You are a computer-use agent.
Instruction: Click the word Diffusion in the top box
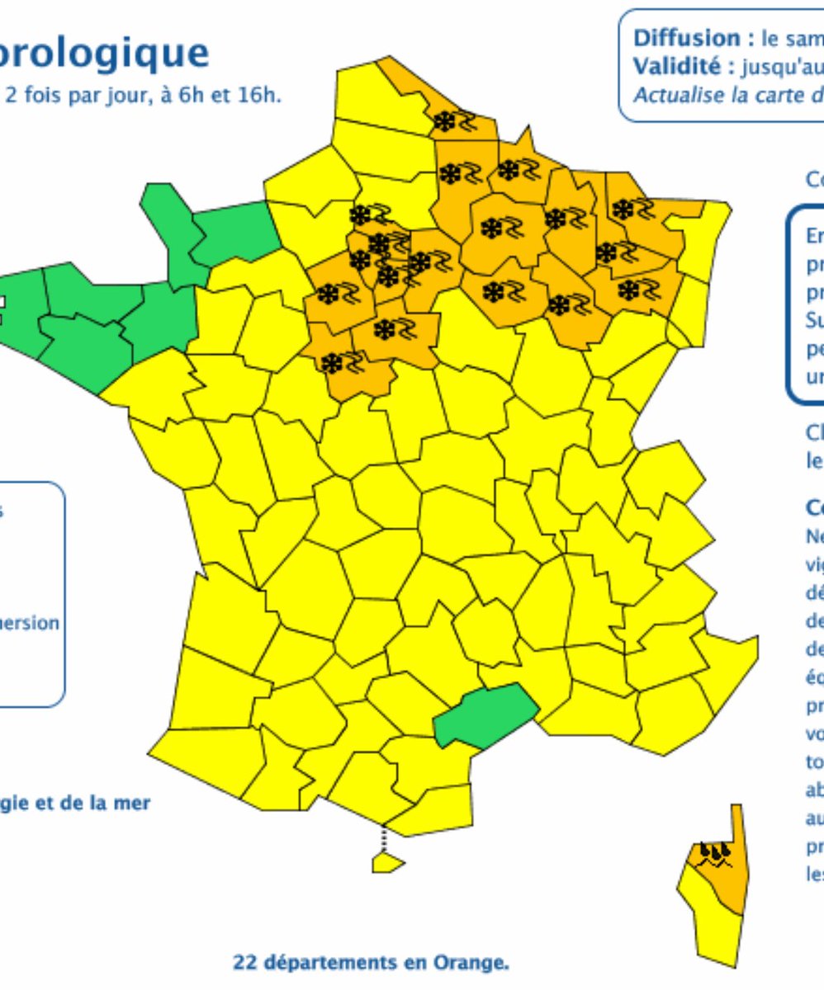click(x=675, y=39)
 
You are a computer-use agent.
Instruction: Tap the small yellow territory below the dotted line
click(x=388, y=862)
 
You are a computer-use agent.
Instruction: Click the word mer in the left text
click(x=135, y=803)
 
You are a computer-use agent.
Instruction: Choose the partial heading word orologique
click(x=105, y=52)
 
